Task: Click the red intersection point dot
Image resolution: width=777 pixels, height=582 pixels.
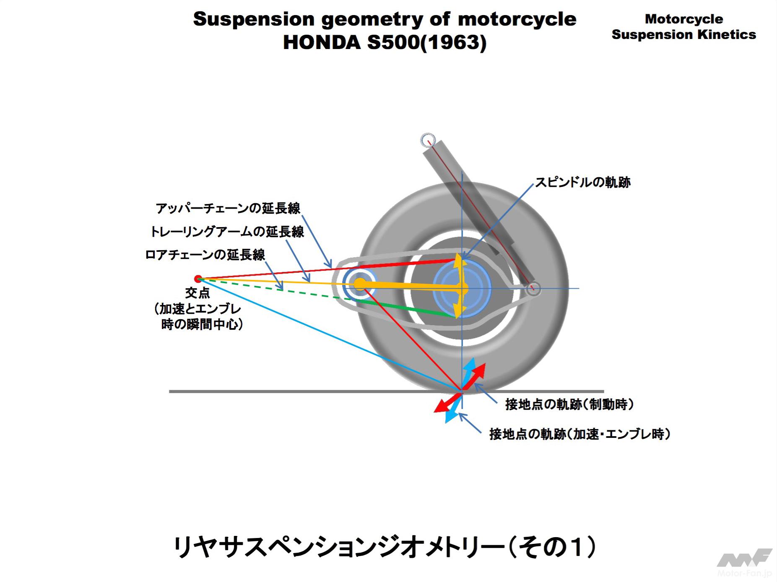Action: (x=198, y=279)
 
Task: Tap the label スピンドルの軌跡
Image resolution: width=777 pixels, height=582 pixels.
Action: (x=582, y=182)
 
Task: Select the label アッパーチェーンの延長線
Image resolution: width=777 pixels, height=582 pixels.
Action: (x=228, y=208)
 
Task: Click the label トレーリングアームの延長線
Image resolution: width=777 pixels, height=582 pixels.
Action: (x=227, y=231)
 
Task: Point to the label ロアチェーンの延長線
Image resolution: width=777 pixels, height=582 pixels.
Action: (x=205, y=255)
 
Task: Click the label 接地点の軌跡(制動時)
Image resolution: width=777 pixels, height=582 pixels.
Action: (x=569, y=404)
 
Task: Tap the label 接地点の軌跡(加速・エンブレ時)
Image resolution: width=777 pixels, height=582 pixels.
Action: (x=580, y=434)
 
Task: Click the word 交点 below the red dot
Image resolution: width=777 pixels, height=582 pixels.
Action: (x=197, y=293)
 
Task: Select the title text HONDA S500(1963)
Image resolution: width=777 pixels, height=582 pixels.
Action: (x=385, y=42)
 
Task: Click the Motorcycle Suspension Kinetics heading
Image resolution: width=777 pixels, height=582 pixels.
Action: (x=683, y=26)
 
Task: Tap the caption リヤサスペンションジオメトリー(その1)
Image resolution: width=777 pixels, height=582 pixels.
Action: (x=385, y=548)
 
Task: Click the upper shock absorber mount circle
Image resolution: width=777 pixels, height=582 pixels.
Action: (x=428, y=140)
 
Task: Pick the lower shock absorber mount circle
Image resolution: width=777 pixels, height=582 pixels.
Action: (x=533, y=288)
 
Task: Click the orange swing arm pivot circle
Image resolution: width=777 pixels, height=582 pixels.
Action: (x=359, y=284)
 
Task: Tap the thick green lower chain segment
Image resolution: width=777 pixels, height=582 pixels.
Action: (x=403, y=308)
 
